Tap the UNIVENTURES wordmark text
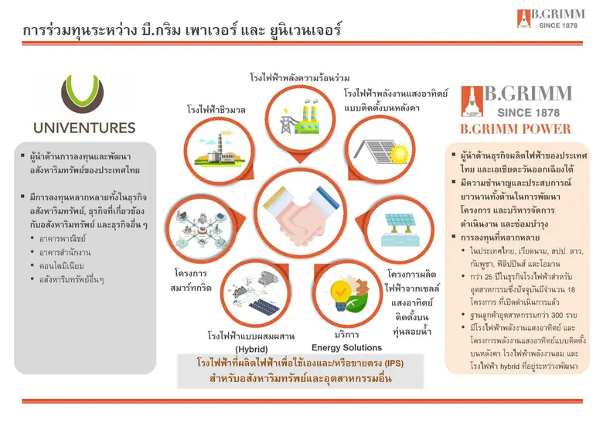(x=85, y=128)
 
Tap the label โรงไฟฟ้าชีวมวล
(x=216, y=111)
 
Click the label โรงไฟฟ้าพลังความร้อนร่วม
(x=300, y=79)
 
